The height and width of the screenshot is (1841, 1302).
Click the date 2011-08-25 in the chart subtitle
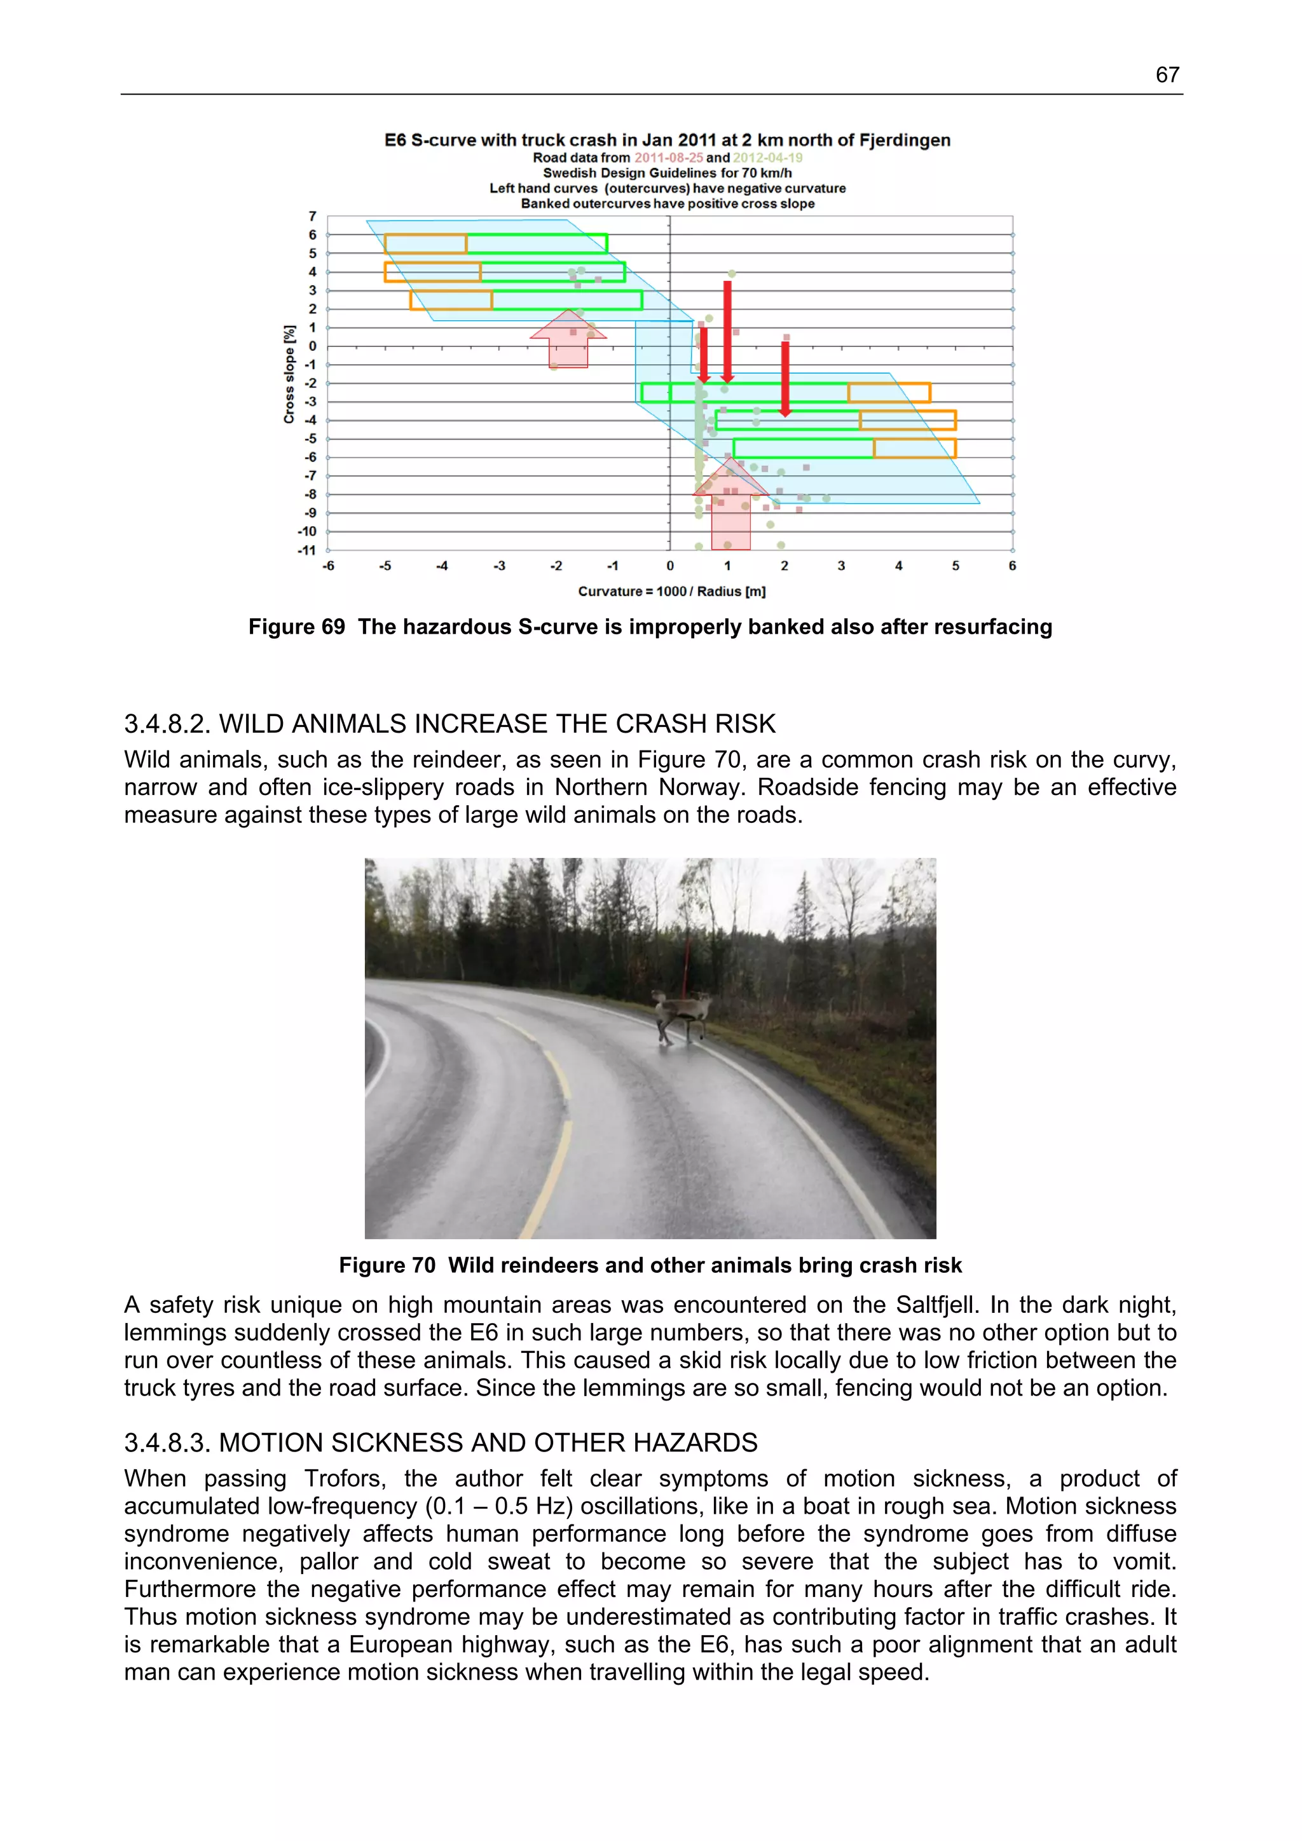pyautogui.click(x=668, y=158)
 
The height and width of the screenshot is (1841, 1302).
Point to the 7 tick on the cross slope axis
pyautogui.click(x=312, y=217)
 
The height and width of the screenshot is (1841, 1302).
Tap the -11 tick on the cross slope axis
pyautogui.click(x=306, y=550)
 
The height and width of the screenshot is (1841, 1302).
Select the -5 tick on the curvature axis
pyautogui.click(x=385, y=566)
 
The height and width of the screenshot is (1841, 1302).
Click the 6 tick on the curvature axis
pyautogui.click(x=1011, y=566)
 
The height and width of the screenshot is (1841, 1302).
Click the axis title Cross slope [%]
pyautogui.click(x=289, y=374)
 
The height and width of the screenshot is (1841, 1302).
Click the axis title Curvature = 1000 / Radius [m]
pyautogui.click(x=671, y=592)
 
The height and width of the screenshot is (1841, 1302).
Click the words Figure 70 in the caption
pyautogui.click(x=387, y=1265)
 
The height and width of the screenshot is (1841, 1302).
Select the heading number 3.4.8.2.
pyautogui.click(x=168, y=724)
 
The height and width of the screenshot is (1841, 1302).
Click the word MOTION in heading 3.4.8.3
pyautogui.click(x=273, y=1443)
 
